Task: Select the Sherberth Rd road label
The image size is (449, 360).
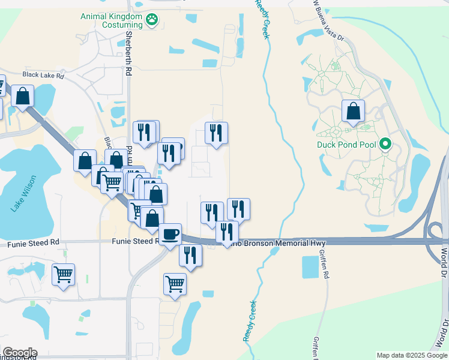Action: coord(128,53)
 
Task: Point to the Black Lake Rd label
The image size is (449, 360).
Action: coord(43,76)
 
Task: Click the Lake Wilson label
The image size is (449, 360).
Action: coord(20,194)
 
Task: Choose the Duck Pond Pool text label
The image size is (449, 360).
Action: coord(347,145)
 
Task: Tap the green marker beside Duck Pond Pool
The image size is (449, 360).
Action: coord(387,145)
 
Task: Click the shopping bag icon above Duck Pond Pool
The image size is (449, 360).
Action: coord(354,111)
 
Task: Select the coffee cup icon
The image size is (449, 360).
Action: coord(170,234)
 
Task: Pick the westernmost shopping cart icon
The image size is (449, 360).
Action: coord(63,275)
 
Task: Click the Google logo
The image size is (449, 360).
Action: coord(20,353)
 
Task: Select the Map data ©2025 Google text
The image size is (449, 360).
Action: coord(412,355)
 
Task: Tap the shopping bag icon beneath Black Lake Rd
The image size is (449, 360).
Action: coord(23,97)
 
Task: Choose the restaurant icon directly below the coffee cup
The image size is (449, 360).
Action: coord(191,255)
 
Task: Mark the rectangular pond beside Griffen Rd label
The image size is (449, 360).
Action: coord(310,266)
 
